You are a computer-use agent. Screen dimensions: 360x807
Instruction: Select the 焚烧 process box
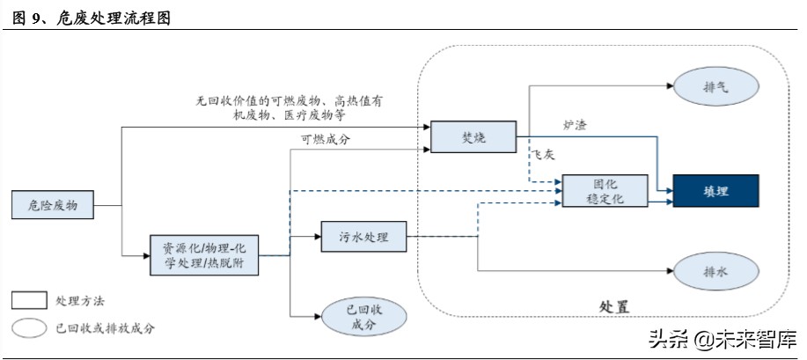tap(473, 136)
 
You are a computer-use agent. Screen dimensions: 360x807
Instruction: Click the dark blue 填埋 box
tap(715, 191)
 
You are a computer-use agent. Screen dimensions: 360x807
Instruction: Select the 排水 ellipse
tap(716, 272)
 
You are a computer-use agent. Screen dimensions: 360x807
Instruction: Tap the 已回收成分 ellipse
tap(363, 317)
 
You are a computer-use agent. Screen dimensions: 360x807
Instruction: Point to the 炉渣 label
tap(574, 125)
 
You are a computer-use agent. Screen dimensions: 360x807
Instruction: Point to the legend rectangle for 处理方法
tap(29, 301)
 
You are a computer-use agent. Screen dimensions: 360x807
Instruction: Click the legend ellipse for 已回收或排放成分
tap(29, 327)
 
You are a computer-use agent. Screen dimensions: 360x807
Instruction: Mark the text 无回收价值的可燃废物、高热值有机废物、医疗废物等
tap(289, 108)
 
